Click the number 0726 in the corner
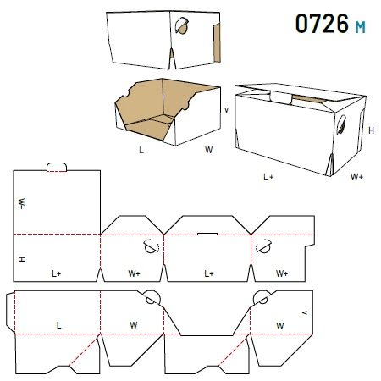pos(322,24)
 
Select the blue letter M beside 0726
pos(360,27)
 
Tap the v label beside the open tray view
pos(226,110)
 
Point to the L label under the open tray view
pos(141,150)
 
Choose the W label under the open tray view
pos(209,150)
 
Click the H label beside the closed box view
pos(371,130)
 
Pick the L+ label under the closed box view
pos(268,177)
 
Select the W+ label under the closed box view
pos(357,177)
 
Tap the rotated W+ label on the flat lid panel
pos(22,203)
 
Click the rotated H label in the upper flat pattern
pos(22,259)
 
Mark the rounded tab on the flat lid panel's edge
pos(57,167)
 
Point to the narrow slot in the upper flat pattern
pos(207,234)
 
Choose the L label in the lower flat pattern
pos(58,325)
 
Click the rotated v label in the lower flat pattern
pos(305,312)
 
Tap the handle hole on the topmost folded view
pos(181,25)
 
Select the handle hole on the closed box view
pos(341,124)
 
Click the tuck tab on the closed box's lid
pos(280,97)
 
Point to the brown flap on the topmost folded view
pos(217,42)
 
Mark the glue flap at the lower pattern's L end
pos(10,312)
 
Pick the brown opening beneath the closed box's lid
pos(308,99)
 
